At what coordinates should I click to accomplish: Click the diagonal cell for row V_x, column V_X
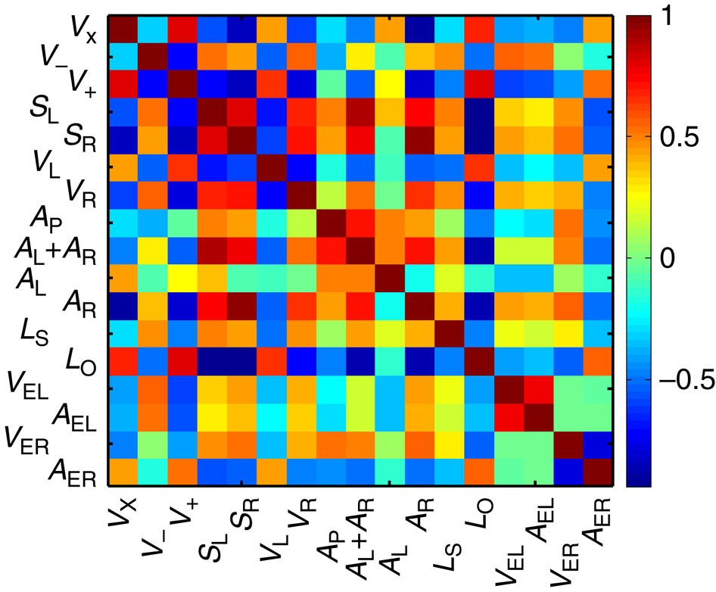(x=121, y=29)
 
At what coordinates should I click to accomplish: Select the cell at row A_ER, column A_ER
(x=596, y=472)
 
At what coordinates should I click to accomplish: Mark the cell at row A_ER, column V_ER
(x=567, y=472)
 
